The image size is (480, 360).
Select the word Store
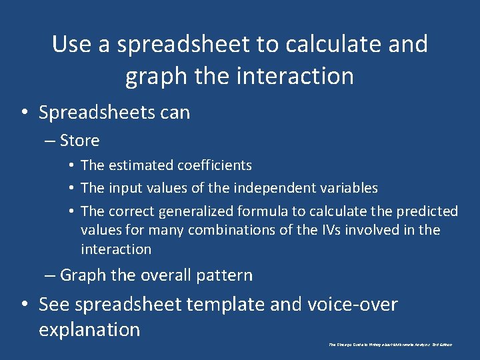(79, 141)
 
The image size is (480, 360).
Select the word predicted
(427, 211)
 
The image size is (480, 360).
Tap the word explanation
(89, 329)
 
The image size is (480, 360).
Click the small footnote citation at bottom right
(390, 345)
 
